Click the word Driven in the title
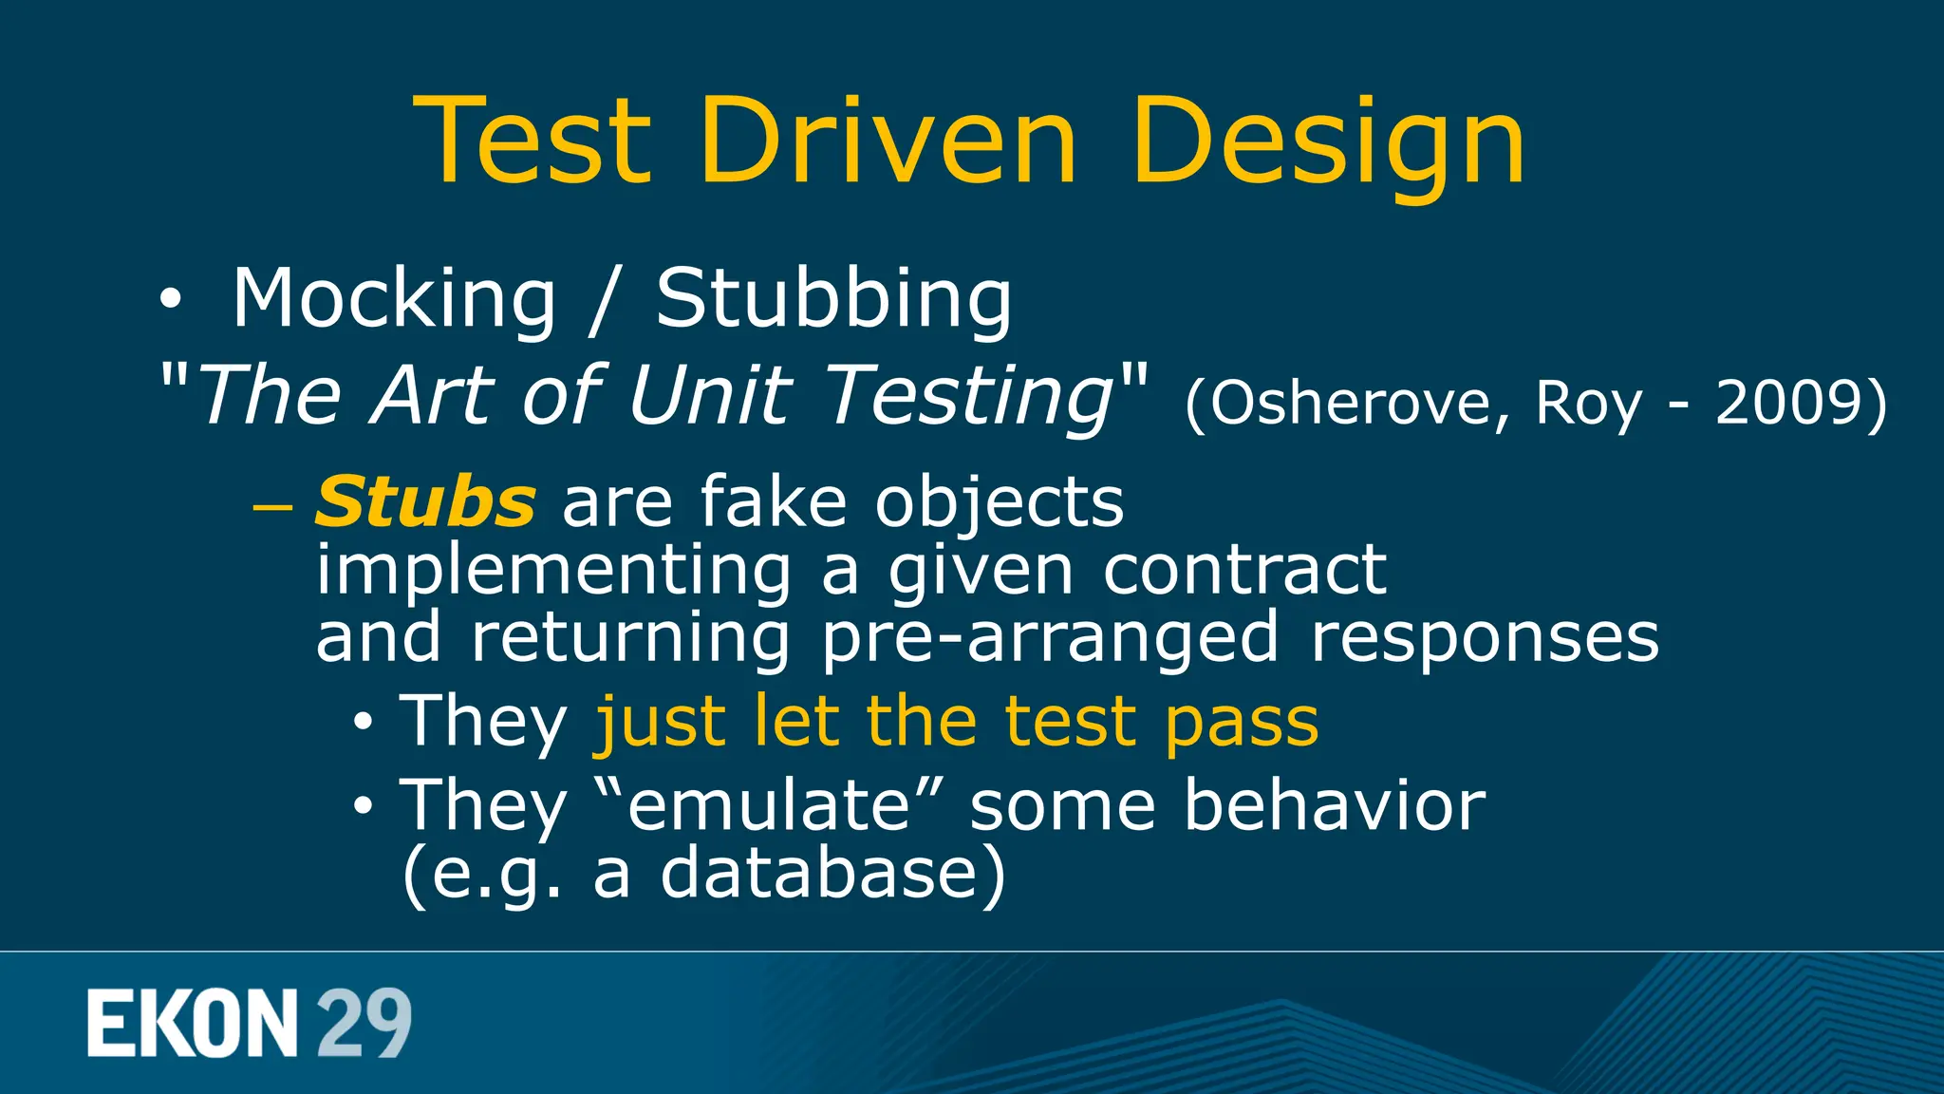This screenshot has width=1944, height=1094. click(x=888, y=142)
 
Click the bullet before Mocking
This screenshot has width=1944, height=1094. click(x=170, y=301)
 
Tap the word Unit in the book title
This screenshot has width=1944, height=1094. click(x=710, y=395)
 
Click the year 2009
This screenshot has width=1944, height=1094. click(x=1789, y=404)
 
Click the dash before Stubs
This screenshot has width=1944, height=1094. click(x=272, y=506)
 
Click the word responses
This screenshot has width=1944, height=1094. click(x=1485, y=638)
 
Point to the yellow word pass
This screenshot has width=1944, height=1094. click(x=1241, y=724)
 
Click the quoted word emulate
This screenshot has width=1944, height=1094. click(x=770, y=805)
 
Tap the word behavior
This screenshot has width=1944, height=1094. click(x=1335, y=805)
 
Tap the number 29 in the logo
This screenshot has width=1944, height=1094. click(x=364, y=1024)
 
